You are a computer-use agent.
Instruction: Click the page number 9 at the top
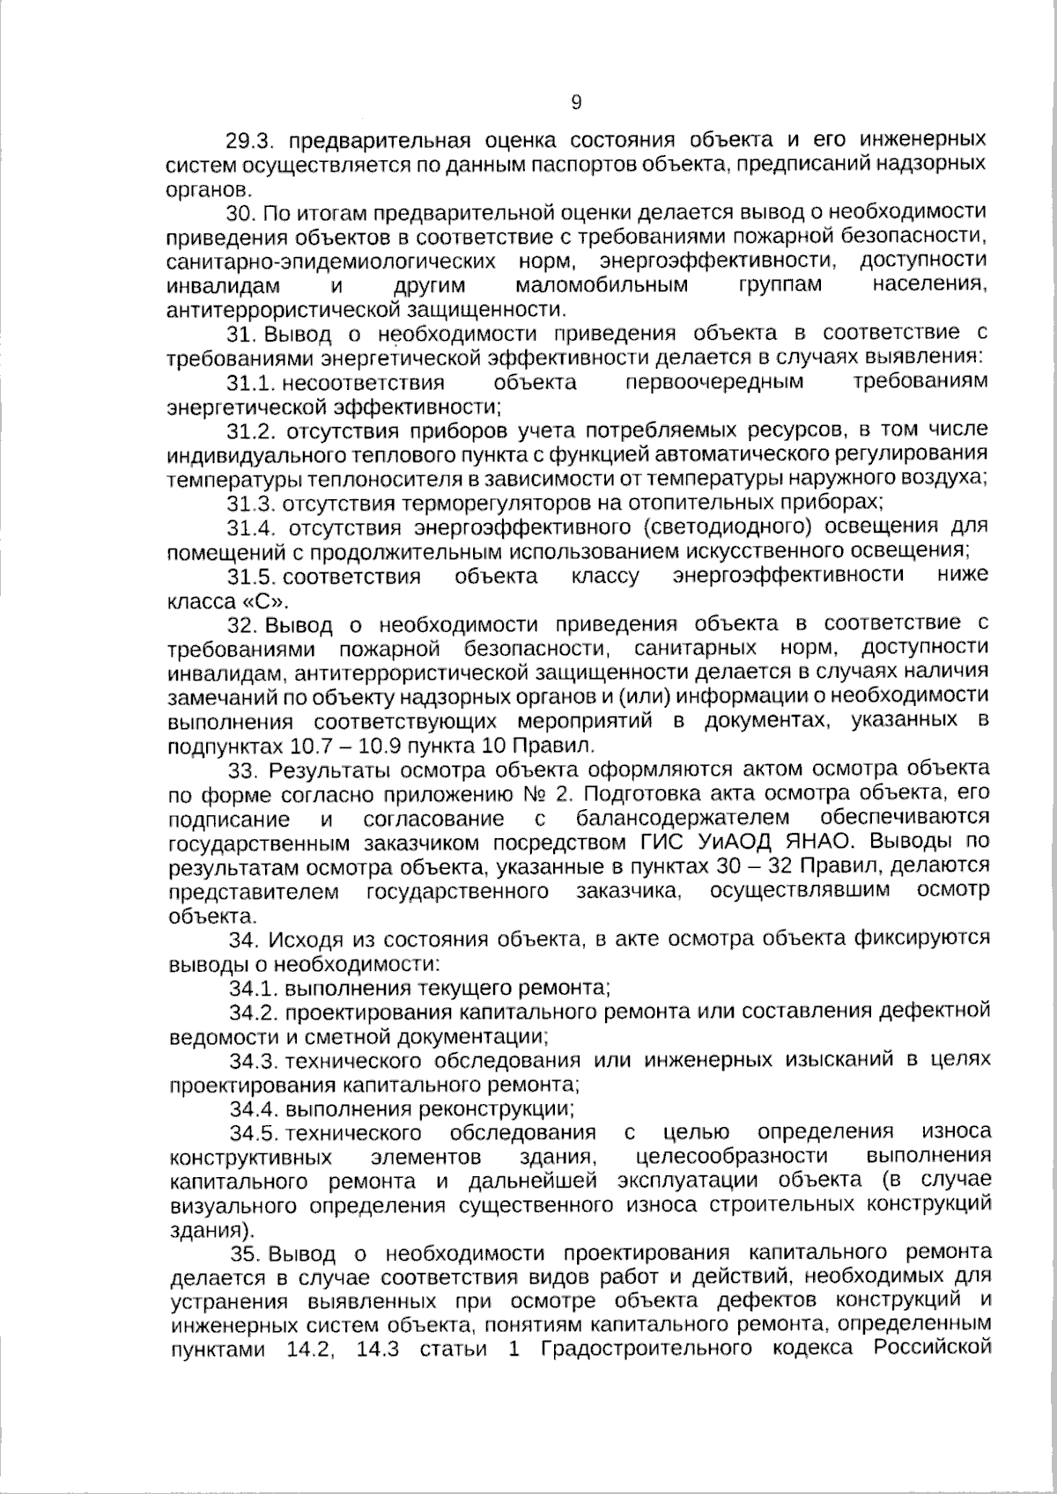[x=576, y=103]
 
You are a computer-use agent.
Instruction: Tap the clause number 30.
[x=240, y=213]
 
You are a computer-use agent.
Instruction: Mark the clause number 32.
[x=240, y=625]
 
